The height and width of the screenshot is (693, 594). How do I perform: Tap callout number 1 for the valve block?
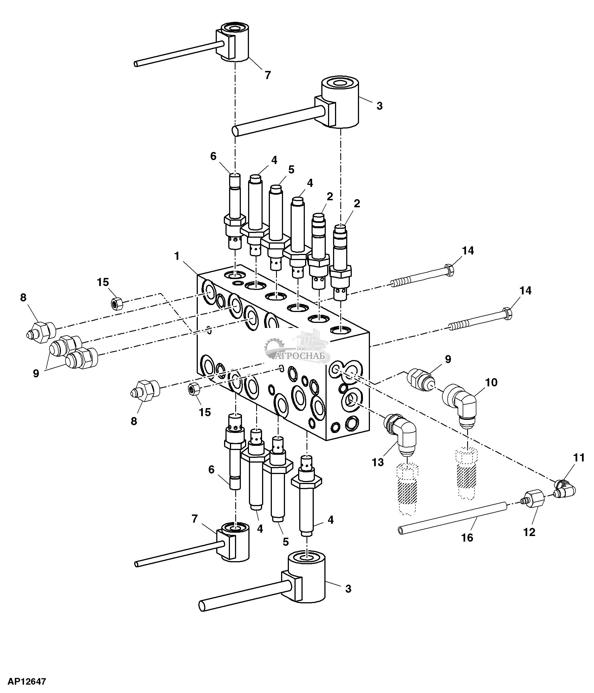click(177, 256)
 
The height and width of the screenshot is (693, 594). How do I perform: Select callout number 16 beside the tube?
click(467, 537)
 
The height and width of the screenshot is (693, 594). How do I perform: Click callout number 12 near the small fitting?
click(529, 532)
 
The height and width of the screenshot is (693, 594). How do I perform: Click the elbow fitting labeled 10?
click(460, 403)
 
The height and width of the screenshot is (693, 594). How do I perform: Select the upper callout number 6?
click(213, 156)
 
